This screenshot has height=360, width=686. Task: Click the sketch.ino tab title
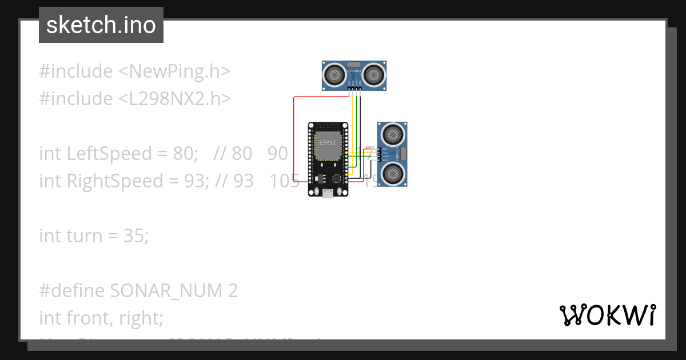[x=101, y=25]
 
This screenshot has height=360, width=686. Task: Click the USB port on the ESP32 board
[x=328, y=194]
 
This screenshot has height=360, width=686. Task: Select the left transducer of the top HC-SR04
[x=335, y=74]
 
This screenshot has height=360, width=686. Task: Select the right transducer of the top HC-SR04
[x=374, y=74]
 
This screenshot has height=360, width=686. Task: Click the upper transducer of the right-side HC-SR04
[x=393, y=134]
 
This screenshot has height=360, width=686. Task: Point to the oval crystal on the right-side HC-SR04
[x=402, y=153]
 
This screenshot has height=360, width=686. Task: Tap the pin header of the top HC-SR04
[x=354, y=87]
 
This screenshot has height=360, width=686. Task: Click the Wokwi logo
[x=607, y=315]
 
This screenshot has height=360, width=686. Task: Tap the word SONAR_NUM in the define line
[x=166, y=291]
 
